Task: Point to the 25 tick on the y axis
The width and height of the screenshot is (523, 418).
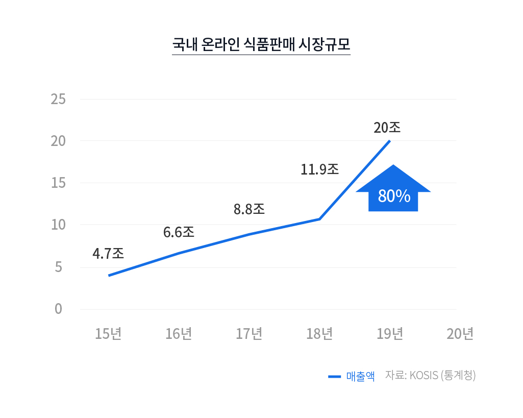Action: pos(59,99)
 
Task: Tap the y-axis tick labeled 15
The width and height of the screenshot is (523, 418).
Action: pos(59,183)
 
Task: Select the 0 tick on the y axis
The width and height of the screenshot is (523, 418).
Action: pos(59,309)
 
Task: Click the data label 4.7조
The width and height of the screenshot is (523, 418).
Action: pos(108,253)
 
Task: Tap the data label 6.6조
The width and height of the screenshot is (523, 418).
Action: pos(179,232)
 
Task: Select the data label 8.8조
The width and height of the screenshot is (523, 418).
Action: pos(249,209)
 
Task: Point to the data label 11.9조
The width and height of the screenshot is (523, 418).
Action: pos(319,169)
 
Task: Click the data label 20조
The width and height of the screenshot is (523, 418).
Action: pos(387,128)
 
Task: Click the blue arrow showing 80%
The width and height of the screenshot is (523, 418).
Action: pos(393,191)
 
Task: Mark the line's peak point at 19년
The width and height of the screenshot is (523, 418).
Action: pos(390,141)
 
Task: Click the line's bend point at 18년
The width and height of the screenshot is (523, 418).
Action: pos(319,219)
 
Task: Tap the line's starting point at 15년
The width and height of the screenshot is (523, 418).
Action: pos(109,276)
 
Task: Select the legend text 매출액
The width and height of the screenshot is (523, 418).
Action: pos(360,377)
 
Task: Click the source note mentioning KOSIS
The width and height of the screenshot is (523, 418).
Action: pos(430,376)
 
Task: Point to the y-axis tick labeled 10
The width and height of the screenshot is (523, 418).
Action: pos(59,225)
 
